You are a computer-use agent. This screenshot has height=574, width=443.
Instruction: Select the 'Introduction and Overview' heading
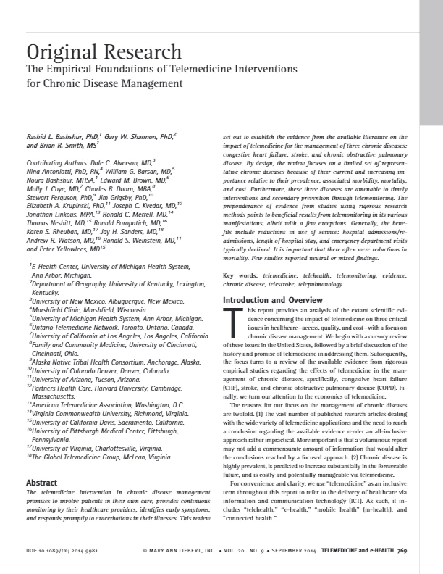click(267, 299)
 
